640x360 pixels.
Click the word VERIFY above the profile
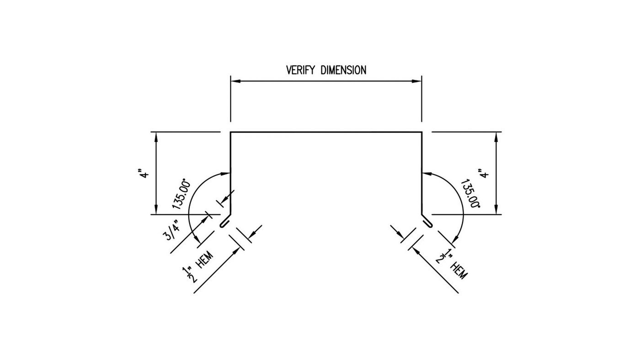click(301, 70)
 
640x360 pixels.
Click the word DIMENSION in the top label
click(343, 70)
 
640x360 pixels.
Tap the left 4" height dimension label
click(145, 174)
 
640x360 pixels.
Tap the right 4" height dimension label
click(484, 174)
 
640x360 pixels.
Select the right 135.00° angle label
click(470, 194)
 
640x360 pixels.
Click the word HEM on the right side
click(459, 271)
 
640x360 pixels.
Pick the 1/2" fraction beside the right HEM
click(443, 256)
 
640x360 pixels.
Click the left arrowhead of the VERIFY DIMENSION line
click(235, 81)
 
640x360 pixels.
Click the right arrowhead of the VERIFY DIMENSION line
click(417, 81)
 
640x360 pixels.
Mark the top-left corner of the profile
click(230, 132)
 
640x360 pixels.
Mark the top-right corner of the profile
click(421, 132)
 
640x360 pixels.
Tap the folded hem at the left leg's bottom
click(224, 222)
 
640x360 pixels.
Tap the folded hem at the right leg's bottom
click(427, 222)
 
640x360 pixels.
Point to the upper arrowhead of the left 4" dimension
click(156, 137)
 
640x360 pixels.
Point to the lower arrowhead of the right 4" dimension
click(496, 209)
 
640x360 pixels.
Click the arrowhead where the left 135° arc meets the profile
click(226, 173)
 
